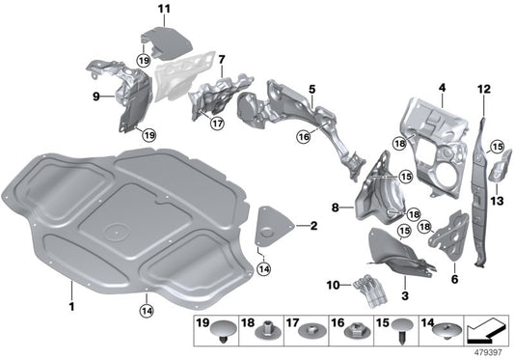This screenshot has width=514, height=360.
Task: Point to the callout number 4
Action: (442, 88)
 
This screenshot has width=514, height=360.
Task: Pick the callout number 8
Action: (335, 207)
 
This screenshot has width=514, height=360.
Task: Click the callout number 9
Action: (96, 97)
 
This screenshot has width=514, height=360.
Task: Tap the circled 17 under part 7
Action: (217, 124)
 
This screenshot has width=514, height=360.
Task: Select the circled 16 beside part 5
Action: (304, 138)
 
